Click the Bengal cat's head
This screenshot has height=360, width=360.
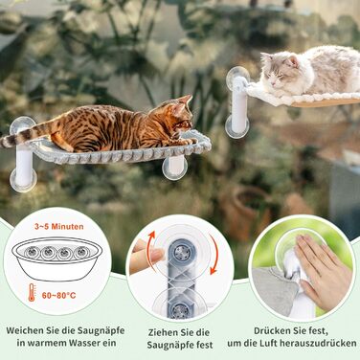(182, 114)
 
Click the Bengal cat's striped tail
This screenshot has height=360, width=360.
(27, 136)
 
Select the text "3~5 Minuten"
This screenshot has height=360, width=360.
(59, 227)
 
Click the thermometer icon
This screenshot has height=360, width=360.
(32, 292)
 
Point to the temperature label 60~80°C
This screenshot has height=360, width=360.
(59, 295)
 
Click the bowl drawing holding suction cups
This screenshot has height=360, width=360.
(57, 259)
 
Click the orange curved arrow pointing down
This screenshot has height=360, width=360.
(214, 255)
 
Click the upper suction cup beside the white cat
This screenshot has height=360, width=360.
(237, 76)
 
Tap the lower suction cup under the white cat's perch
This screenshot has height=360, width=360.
(236, 127)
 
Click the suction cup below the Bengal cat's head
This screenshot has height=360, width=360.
(174, 168)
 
